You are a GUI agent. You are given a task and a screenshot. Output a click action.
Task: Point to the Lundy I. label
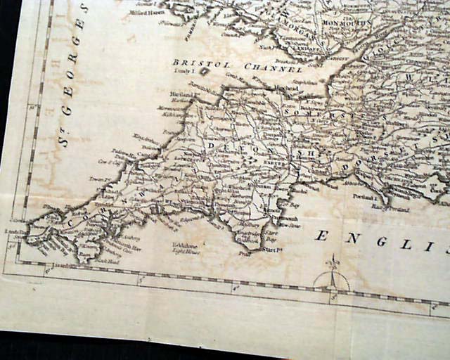point(182,72)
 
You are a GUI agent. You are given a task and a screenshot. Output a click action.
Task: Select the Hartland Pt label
point(182,94)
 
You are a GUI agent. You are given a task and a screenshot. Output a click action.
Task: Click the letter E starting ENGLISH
point(321,236)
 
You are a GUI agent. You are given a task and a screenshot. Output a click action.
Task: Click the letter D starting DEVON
point(210,144)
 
